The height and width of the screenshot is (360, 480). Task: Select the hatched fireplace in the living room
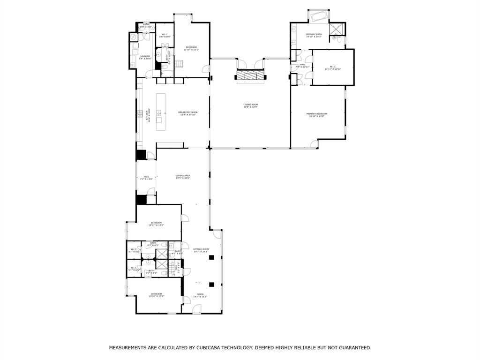(250, 76)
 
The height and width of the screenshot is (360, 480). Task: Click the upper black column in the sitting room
(212, 257)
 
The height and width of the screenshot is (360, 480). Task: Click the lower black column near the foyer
(212, 284)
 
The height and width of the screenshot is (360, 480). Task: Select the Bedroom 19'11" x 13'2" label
(156, 224)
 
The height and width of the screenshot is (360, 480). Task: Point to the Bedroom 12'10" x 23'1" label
(191, 48)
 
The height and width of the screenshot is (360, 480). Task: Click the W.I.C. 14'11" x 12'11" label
(333, 68)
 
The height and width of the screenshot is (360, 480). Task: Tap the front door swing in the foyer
(197, 309)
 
